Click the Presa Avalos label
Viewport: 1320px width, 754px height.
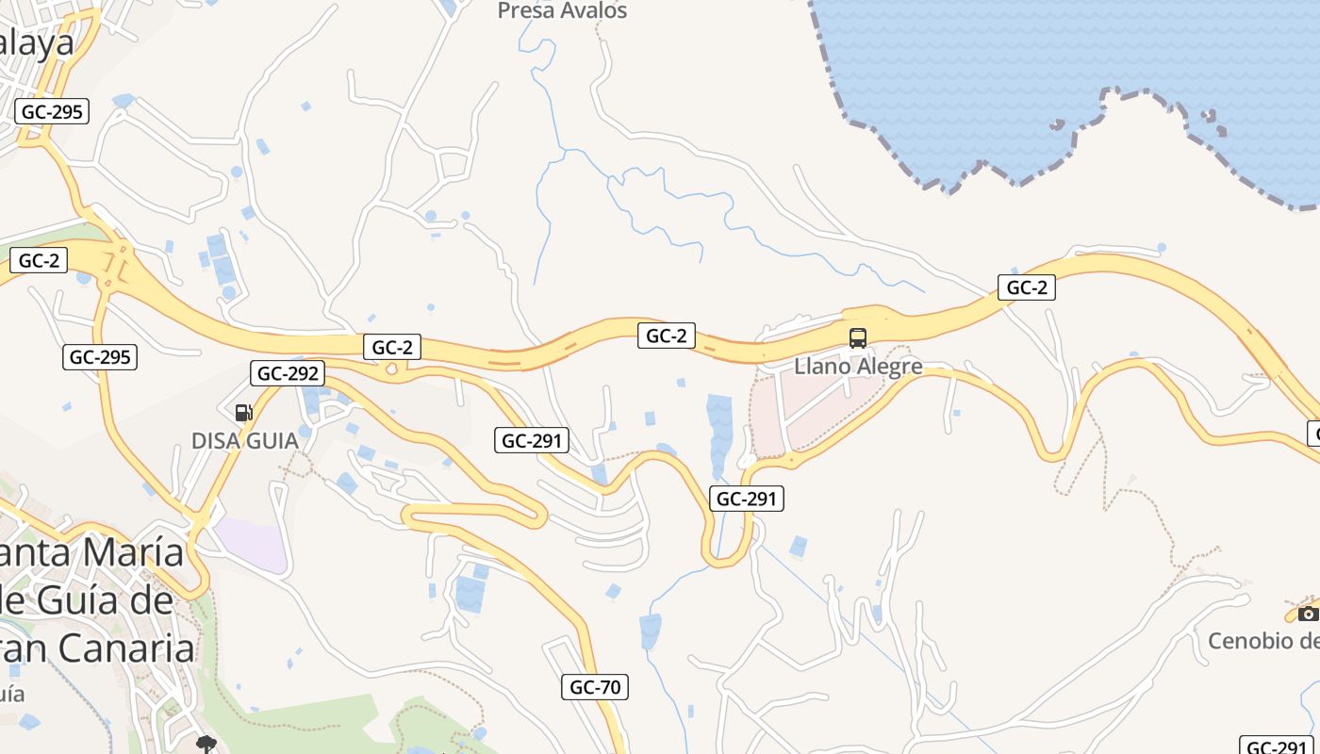562,11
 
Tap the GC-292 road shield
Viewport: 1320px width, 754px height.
289,373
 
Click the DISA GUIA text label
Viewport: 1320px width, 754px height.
244,440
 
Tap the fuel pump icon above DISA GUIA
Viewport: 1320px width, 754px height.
243,412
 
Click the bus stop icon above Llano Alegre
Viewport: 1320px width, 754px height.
858,337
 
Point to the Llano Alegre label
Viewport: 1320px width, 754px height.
858,366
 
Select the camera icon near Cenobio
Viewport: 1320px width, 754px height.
1308,614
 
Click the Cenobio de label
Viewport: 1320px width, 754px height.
1263,641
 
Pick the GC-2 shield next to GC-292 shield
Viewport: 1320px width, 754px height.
392,347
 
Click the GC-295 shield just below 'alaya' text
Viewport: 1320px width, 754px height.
53,111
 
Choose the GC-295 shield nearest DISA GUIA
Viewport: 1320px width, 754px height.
101,357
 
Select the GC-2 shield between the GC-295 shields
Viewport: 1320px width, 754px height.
39,261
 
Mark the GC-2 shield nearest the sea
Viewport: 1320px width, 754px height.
1027,287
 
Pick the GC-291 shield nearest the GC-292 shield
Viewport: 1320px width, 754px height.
532,440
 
